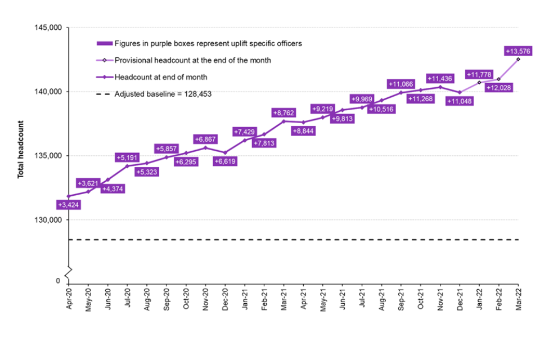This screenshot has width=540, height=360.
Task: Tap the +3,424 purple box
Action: pyautogui.click(x=69, y=205)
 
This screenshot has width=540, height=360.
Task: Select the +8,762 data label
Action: pyautogui.click(x=283, y=112)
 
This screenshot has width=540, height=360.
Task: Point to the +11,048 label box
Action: pyautogui.click(x=460, y=101)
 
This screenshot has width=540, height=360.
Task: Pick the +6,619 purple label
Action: pyautogui.click(x=226, y=161)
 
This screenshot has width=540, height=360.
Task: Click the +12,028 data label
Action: pyautogui.click(x=498, y=88)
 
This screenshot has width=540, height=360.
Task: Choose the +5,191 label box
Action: pyautogui.click(x=128, y=157)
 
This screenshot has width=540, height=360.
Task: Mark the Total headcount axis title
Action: pyautogui.click(x=21, y=149)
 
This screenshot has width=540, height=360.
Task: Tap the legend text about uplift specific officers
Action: pyautogui.click(x=208, y=43)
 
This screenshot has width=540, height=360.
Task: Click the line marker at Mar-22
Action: pyautogui.click(x=518, y=59)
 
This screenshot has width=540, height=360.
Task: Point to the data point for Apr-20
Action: pyautogui.click(x=69, y=196)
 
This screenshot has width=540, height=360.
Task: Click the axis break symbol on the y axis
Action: pyautogui.click(x=68, y=272)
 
